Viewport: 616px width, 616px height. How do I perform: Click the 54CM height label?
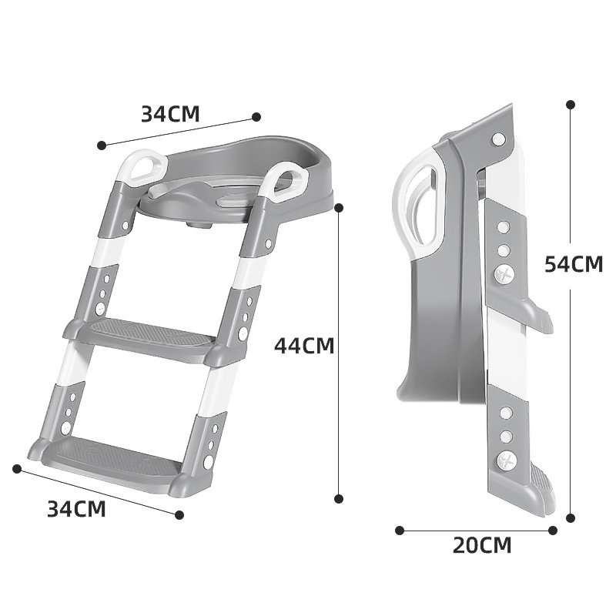(x=573, y=264)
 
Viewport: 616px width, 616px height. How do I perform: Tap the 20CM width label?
(x=482, y=545)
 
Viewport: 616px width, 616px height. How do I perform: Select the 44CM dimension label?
(x=304, y=346)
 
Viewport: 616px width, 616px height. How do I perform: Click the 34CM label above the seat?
(x=170, y=114)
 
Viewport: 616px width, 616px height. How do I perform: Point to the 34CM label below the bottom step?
(x=76, y=509)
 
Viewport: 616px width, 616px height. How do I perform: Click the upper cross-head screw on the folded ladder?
(x=504, y=275)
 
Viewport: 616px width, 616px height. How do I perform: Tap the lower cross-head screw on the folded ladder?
(x=506, y=460)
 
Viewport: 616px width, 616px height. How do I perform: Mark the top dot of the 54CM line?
(x=571, y=105)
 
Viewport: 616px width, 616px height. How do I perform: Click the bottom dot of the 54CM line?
(x=571, y=517)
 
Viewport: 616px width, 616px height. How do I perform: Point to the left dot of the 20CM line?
(x=400, y=531)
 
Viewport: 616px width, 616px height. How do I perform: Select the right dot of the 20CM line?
(x=553, y=531)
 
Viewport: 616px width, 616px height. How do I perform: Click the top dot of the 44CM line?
(x=339, y=208)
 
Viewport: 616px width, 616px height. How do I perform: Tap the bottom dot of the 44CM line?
(x=339, y=498)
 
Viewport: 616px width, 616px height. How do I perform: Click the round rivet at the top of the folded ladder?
(x=499, y=139)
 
